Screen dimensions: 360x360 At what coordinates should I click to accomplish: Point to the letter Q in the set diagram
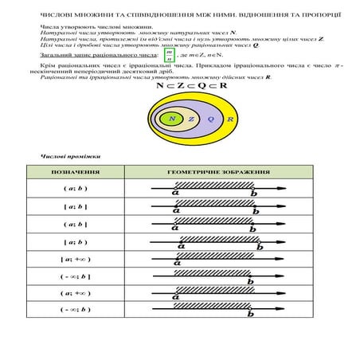210,119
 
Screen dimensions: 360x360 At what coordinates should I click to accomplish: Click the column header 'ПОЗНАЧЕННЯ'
75,172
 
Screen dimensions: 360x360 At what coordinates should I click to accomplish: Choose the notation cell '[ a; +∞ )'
75,259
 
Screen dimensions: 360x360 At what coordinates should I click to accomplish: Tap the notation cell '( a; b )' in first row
75,189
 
